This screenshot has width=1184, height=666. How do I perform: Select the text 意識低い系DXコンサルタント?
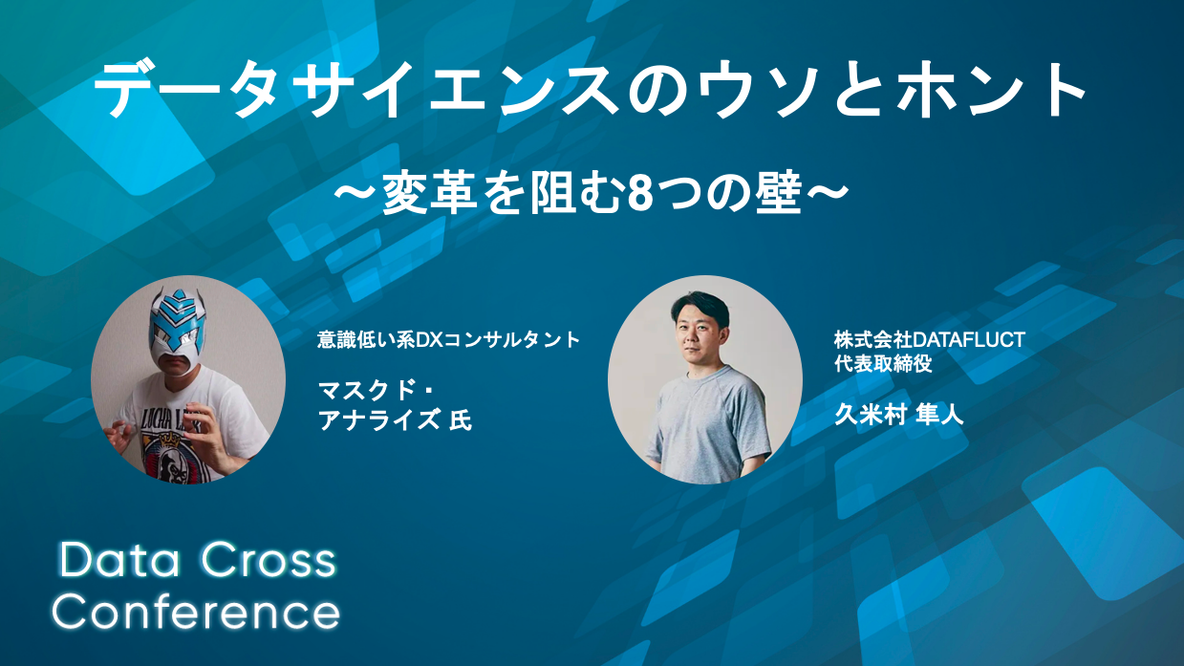point(448,340)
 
